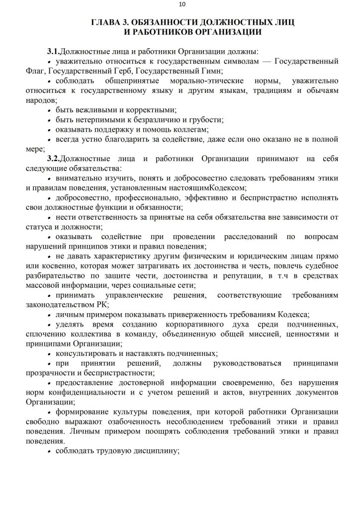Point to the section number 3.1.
coord(53,51)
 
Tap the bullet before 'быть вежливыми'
coord(49,110)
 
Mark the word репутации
coord(231,275)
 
